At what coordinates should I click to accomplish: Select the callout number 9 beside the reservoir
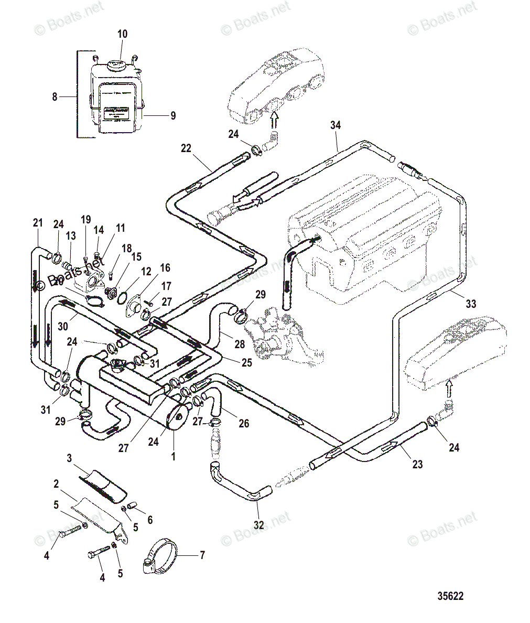pyautogui.click(x=173, y=116)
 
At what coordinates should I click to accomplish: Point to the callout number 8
pyautogui.click(x=55, y=96)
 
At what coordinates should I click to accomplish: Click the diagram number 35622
pyautogui.click(x=450, y=596)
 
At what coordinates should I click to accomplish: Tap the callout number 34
pyautogui.click(x=336, y=125)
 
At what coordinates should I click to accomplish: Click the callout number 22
pyautogui.click(x=186, y=148)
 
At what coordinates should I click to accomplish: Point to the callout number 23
pyautogui.click(x=417, y=464)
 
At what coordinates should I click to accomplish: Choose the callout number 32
pyautogui.click(x=258, y=523)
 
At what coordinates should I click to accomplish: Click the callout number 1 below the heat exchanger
pyautogui.click(x=173, y=457)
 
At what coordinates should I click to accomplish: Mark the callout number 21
pyautogui.click(x=37, y=223)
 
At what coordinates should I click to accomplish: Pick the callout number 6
pyautogui.click(x=150, y=520)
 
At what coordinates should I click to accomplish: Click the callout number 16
pyautogui.click(x=165, y=268)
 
